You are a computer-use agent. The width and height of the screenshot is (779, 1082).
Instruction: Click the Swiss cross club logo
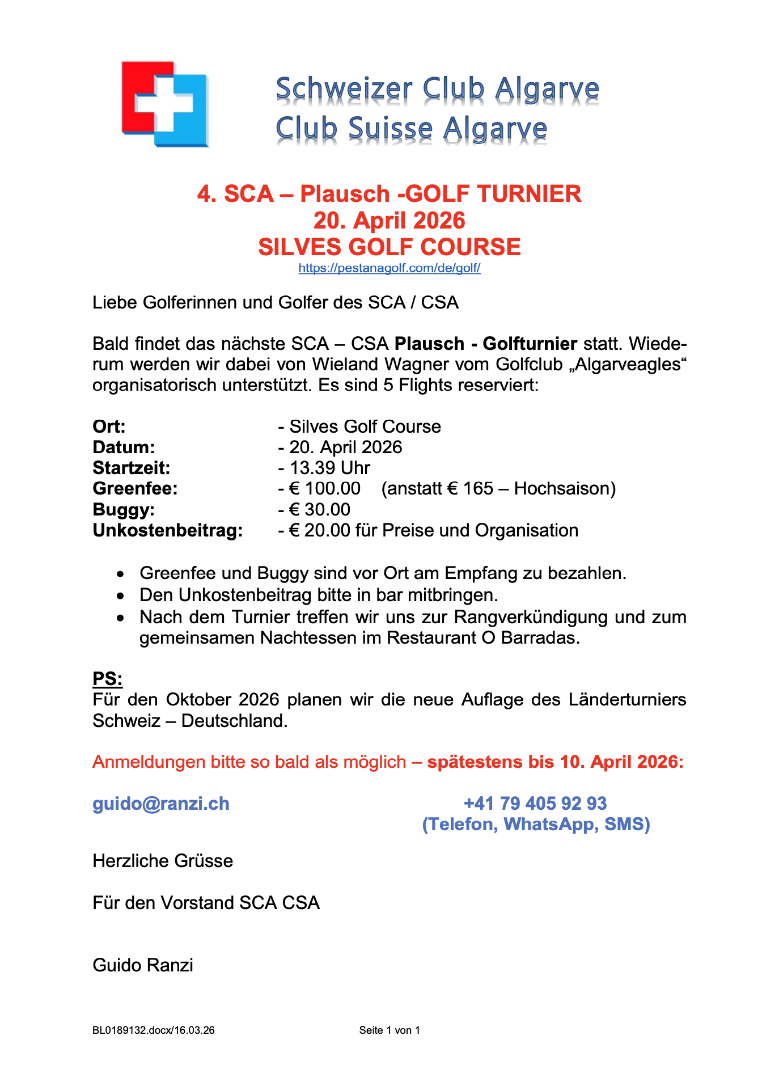[x=164, y=104]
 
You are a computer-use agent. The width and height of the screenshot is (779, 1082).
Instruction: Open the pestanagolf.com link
[x=389, y=268]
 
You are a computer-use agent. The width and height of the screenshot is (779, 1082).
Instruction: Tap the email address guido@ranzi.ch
[x=161, y=804]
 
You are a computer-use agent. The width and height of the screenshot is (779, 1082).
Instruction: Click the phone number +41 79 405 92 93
[x=535, y=804]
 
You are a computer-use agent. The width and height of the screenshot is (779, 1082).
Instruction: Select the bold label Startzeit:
[x=132, y=468]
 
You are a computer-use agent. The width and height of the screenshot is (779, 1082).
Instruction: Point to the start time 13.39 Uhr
[x=329, y=468]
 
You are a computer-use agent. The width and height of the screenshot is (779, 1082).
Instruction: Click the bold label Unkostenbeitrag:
[x=168, y=530]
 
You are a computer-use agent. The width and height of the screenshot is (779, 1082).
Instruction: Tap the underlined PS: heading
[x=108, y=679]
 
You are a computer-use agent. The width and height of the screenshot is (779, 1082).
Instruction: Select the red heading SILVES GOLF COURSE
[x=389, y=247]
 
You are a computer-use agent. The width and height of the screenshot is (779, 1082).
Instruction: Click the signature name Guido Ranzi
[x=143, y=965]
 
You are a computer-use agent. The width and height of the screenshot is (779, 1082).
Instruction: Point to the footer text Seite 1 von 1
[x=389, y=1030]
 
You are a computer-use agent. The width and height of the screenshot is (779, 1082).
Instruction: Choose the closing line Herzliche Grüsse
[x=163, y=861]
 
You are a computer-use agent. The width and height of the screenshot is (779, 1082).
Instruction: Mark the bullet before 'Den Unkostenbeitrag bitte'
[x=120, y=596]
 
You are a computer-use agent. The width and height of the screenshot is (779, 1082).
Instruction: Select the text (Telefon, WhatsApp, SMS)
[x=536, y=824]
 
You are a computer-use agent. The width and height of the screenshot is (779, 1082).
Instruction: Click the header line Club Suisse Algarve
[x=411, y=129]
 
